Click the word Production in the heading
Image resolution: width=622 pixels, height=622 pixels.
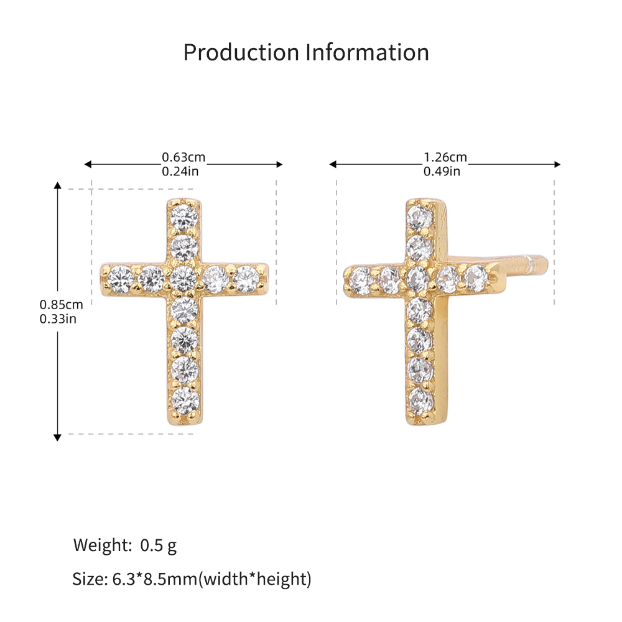[x=241, y=52]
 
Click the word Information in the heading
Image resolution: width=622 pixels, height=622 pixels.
[x=368, y=52]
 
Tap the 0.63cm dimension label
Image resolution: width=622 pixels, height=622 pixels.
[x=183, y=157]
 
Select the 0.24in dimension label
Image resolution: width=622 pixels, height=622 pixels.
[x=180, y=172]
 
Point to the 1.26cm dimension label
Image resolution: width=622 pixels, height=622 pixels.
[x=445, y=157]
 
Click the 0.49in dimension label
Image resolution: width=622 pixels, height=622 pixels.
[x=442, y=172]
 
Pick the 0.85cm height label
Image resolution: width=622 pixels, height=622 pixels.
[x=61, y=305]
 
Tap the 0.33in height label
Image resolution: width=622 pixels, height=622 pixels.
[x=58, y=319]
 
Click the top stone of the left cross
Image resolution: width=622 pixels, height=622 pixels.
[x=184, y=217]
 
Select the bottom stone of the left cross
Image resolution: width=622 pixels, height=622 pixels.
[x=185, y=400]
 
